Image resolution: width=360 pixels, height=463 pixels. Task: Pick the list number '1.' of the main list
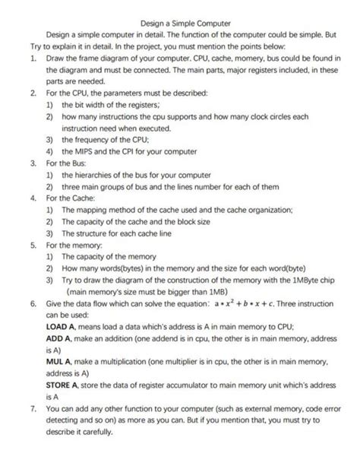25,58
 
